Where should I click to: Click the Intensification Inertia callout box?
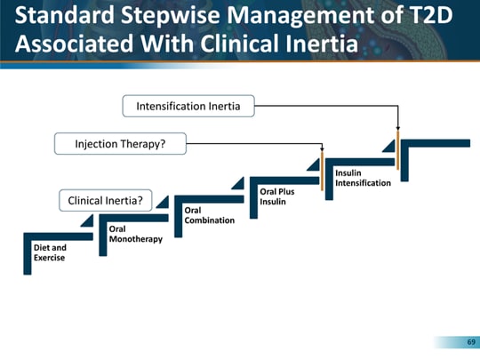188,107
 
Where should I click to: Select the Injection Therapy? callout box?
120,143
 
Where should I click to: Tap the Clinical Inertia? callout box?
105,201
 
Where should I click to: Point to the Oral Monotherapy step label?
134,234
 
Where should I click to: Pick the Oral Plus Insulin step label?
276,196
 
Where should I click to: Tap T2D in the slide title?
436,15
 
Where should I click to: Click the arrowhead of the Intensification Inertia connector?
398,133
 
